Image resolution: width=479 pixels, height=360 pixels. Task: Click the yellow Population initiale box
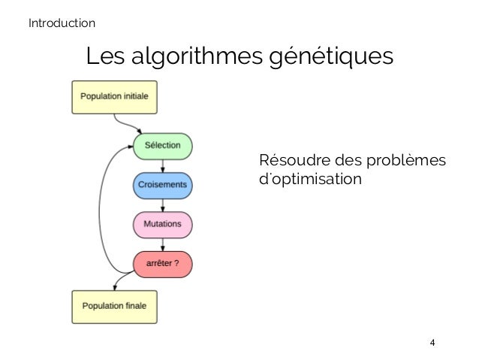[x=114, y=98]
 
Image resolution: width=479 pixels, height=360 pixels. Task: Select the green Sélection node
[x=162, y=145]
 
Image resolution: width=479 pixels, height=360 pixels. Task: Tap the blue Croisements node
[x=162, y=184]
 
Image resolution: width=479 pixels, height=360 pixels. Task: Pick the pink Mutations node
[x=162, y=223]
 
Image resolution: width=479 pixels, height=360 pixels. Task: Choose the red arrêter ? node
[x=162, y=263]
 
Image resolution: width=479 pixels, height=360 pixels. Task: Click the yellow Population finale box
[x=114, y=307]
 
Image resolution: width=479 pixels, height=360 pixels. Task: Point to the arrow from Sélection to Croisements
[x=163, y=165]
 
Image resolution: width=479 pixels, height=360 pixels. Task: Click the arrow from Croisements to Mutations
[x=163, y=204]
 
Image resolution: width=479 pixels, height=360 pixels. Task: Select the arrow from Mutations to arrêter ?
[x=163, y=243]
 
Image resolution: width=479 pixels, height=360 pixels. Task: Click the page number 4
[x=431, y=343]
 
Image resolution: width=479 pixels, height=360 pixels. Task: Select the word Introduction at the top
[x=62, y=23]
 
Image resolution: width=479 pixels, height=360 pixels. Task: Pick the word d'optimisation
[x=309, y=181]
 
